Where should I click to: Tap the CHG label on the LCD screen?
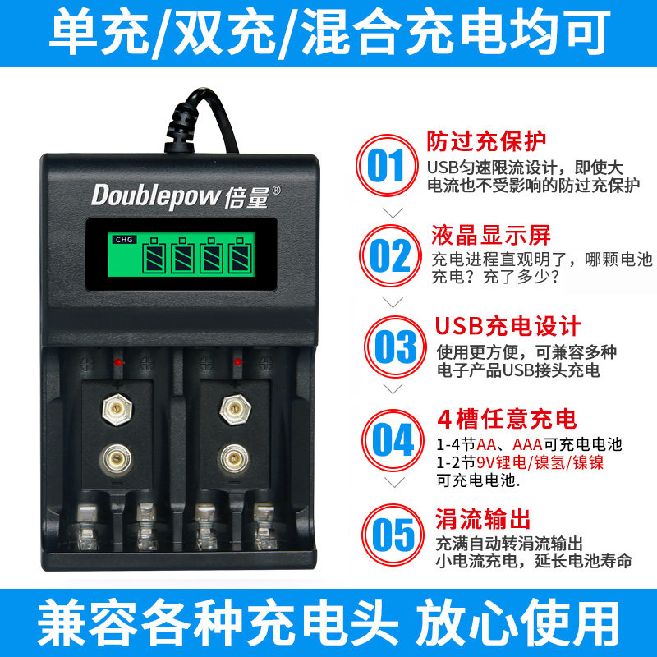125,240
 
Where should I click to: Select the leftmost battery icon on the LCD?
154,255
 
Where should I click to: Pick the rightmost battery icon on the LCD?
240,255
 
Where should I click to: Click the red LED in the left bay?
118,362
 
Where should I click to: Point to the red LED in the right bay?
237,362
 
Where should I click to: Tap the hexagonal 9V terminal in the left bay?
117,409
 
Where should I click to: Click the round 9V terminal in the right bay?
235,459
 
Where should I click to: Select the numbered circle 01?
387,165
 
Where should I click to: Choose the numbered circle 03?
395,347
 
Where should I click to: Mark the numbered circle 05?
393,535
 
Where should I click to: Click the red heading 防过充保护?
486,141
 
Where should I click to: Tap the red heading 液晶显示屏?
491,235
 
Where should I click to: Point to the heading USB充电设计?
508,326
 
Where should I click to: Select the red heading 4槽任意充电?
507,419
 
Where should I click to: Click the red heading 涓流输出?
483,519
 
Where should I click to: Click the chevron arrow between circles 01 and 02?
393,213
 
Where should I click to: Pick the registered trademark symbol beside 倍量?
277,191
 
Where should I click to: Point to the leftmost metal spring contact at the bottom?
87,526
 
